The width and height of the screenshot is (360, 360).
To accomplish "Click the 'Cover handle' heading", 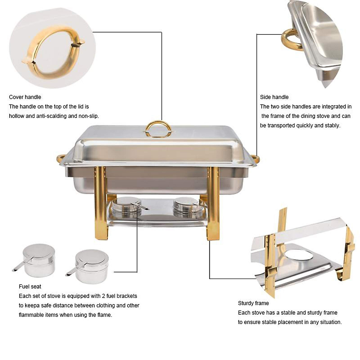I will point(25,97).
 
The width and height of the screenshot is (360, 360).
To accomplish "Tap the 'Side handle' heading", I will point(274,97).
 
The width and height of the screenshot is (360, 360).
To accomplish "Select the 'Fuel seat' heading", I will point(30,286).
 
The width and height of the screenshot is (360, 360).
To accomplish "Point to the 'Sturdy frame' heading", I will point(253,303).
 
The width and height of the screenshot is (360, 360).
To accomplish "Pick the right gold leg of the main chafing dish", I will point(214,204).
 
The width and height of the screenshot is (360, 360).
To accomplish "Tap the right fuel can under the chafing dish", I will point(187,207).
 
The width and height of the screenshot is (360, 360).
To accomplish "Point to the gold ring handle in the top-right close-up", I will point(289,40).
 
